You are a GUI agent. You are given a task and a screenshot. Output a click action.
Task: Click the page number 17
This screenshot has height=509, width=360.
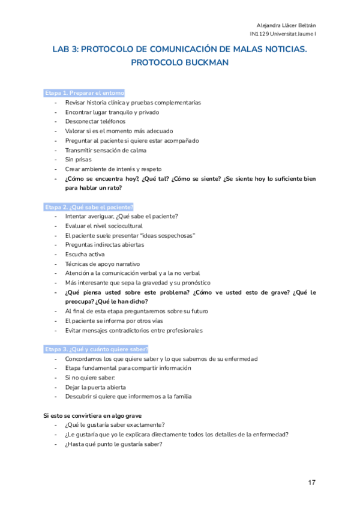(311, 482)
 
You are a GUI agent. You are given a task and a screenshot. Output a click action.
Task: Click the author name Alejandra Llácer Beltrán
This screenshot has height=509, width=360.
(286, 25)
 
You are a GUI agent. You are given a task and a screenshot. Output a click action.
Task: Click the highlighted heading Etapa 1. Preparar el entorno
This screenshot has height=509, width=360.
(84, 93)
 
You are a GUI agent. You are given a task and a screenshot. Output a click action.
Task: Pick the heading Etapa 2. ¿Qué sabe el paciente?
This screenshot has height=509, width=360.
(89, 206)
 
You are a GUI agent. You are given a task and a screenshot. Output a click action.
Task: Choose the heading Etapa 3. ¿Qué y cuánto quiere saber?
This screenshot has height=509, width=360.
(96, 349)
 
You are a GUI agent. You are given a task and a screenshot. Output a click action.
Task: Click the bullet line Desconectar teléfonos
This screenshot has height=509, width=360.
(95, 121)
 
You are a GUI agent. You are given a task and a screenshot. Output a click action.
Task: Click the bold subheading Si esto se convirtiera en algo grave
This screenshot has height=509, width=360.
(92, 415)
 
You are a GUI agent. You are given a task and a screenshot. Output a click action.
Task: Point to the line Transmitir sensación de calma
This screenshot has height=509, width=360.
(106, 150)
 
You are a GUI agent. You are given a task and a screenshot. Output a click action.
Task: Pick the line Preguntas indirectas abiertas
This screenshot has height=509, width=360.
(104, 244)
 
